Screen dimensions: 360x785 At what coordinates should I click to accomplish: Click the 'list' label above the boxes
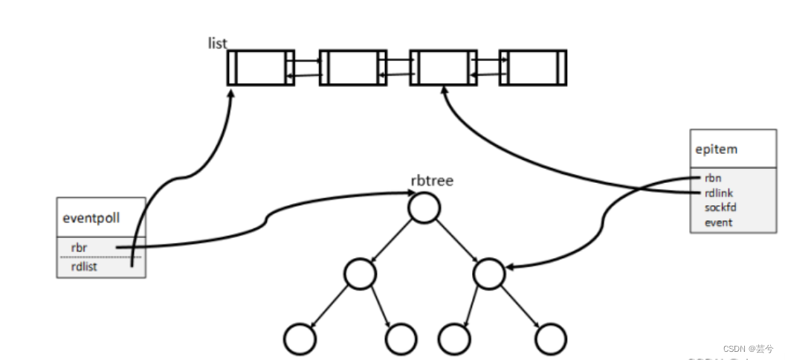pyautogui.click(x=217, y=43)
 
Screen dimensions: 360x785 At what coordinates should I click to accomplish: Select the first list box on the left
pyautogui.click(x=260, y=68)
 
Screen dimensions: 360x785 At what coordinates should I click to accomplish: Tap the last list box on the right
pyautogui.click(x=532, y=68)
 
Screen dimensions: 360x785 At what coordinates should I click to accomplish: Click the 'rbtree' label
pyautogui.click(x=432, y=181)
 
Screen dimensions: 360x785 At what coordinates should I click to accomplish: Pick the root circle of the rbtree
pyautogui.click(x=424, y=208)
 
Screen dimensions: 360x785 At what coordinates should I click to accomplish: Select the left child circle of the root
pyautogui.click(x=360, y=273)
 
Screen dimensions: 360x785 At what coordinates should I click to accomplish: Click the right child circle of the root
pyautogui.click(x=488, y=273)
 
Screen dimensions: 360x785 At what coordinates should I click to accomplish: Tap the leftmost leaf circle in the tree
pyautogui.click(x=300, y=338)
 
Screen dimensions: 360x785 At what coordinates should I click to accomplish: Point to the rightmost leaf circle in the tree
pyautogui.click(x=551, y=338)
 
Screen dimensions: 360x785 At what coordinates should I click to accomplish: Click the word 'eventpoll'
pyautogui.click(x=91, y=219)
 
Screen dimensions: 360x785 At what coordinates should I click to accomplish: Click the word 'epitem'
pyautogui.click(x=717, y=149)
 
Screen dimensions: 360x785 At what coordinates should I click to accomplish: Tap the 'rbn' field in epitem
pyautogui.click(x=712, y=179)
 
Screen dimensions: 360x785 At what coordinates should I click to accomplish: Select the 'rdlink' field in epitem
pyautogui.click(x=717, y=193)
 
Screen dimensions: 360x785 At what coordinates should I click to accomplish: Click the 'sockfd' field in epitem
pyautogui.click(x=719, y=208)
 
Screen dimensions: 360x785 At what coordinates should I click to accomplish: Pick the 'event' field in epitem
pyautogui.click(x=718, y=222)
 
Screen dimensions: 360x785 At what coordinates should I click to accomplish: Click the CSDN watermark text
pyautogui.click(x=748, y=348)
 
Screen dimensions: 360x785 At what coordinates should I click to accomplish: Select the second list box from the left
pyautogui.click(x=352, y=68)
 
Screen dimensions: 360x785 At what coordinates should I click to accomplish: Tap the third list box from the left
pyautogui.click(x=442, y=68)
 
